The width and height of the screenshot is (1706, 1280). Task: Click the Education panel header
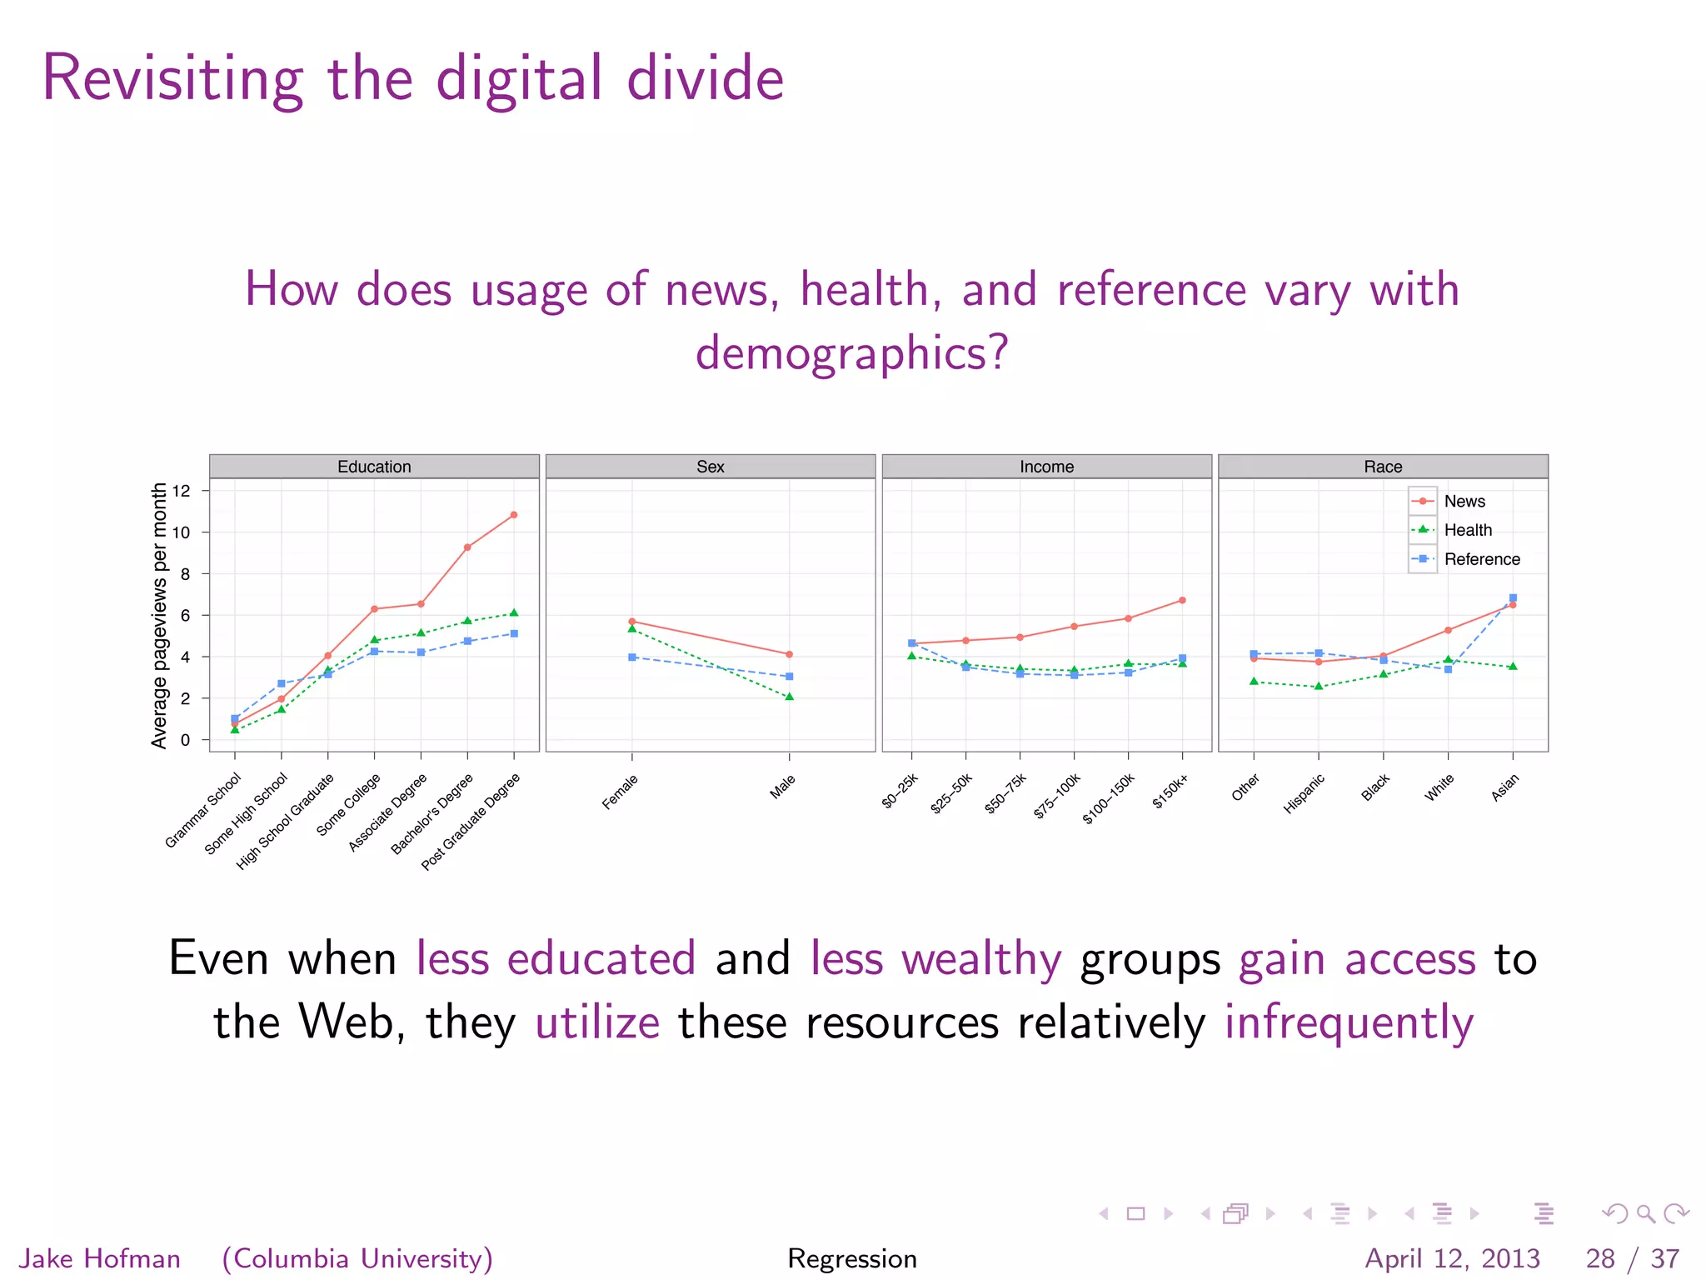coord(374,467)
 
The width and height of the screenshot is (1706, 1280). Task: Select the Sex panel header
coord(710,467)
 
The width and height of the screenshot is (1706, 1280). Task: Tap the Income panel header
coord(1046,467)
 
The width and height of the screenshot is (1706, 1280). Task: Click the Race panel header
coord(1383,467)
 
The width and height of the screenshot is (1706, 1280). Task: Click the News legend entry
coord(1464,501)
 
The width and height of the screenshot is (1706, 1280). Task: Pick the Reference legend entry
coord(1481,559)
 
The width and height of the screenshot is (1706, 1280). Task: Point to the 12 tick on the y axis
coord(182,491)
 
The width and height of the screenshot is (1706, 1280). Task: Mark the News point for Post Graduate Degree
coord(514,515)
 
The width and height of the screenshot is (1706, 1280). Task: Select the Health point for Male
coord(789,697)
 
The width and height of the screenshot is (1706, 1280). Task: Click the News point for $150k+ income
coord(1182,600)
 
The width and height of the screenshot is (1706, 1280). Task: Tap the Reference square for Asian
coord(1513,597)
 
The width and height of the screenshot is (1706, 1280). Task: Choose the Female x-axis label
coord(621,792)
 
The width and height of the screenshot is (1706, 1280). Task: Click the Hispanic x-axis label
coord(1304,793)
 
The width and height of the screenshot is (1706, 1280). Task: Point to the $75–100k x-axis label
coord(1057,796)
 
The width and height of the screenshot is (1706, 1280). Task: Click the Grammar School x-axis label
coord(203,810)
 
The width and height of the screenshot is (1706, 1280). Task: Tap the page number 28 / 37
coord(1632,1257)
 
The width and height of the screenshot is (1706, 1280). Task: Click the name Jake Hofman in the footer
coord(100,1257)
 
